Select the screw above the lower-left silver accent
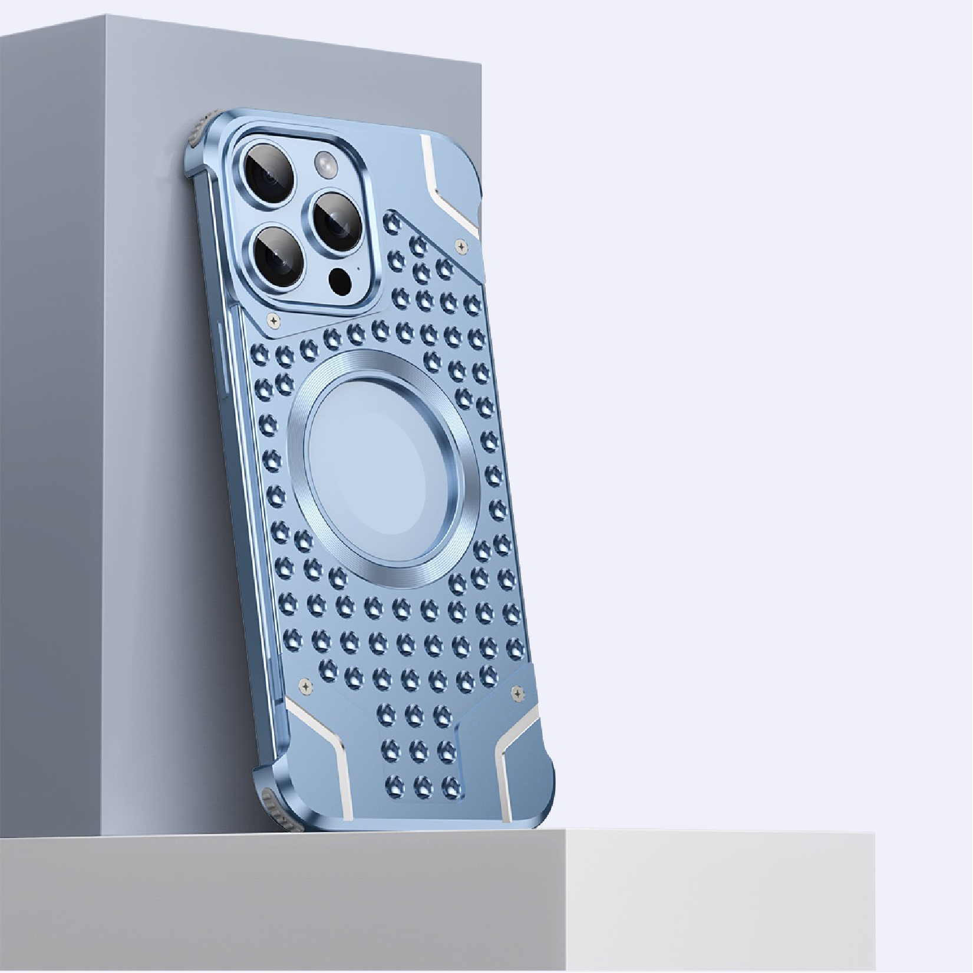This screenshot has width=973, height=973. click(304, 684)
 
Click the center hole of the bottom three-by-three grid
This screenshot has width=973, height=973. click(418, 749)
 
